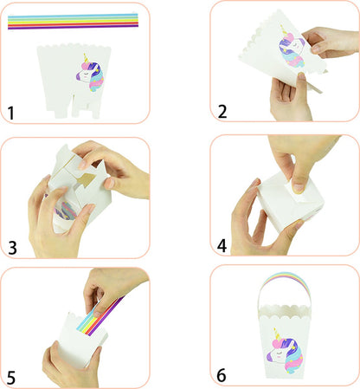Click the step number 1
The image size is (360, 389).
[10, 112]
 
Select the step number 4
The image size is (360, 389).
[222, 246]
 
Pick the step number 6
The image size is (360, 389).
[223, 375]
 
